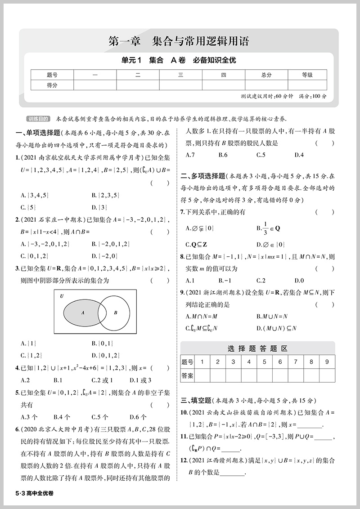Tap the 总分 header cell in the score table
pos(266,75)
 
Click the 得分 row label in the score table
pos(52,85)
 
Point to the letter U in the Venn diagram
pos(61,297)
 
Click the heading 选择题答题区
pos(257,348)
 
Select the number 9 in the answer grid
pos(327,362)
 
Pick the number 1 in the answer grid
pos(202,362)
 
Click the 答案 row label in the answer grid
pos(187,375)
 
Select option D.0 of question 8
pos(299,281)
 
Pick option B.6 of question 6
pos(223,155)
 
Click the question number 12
pos(184,460)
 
